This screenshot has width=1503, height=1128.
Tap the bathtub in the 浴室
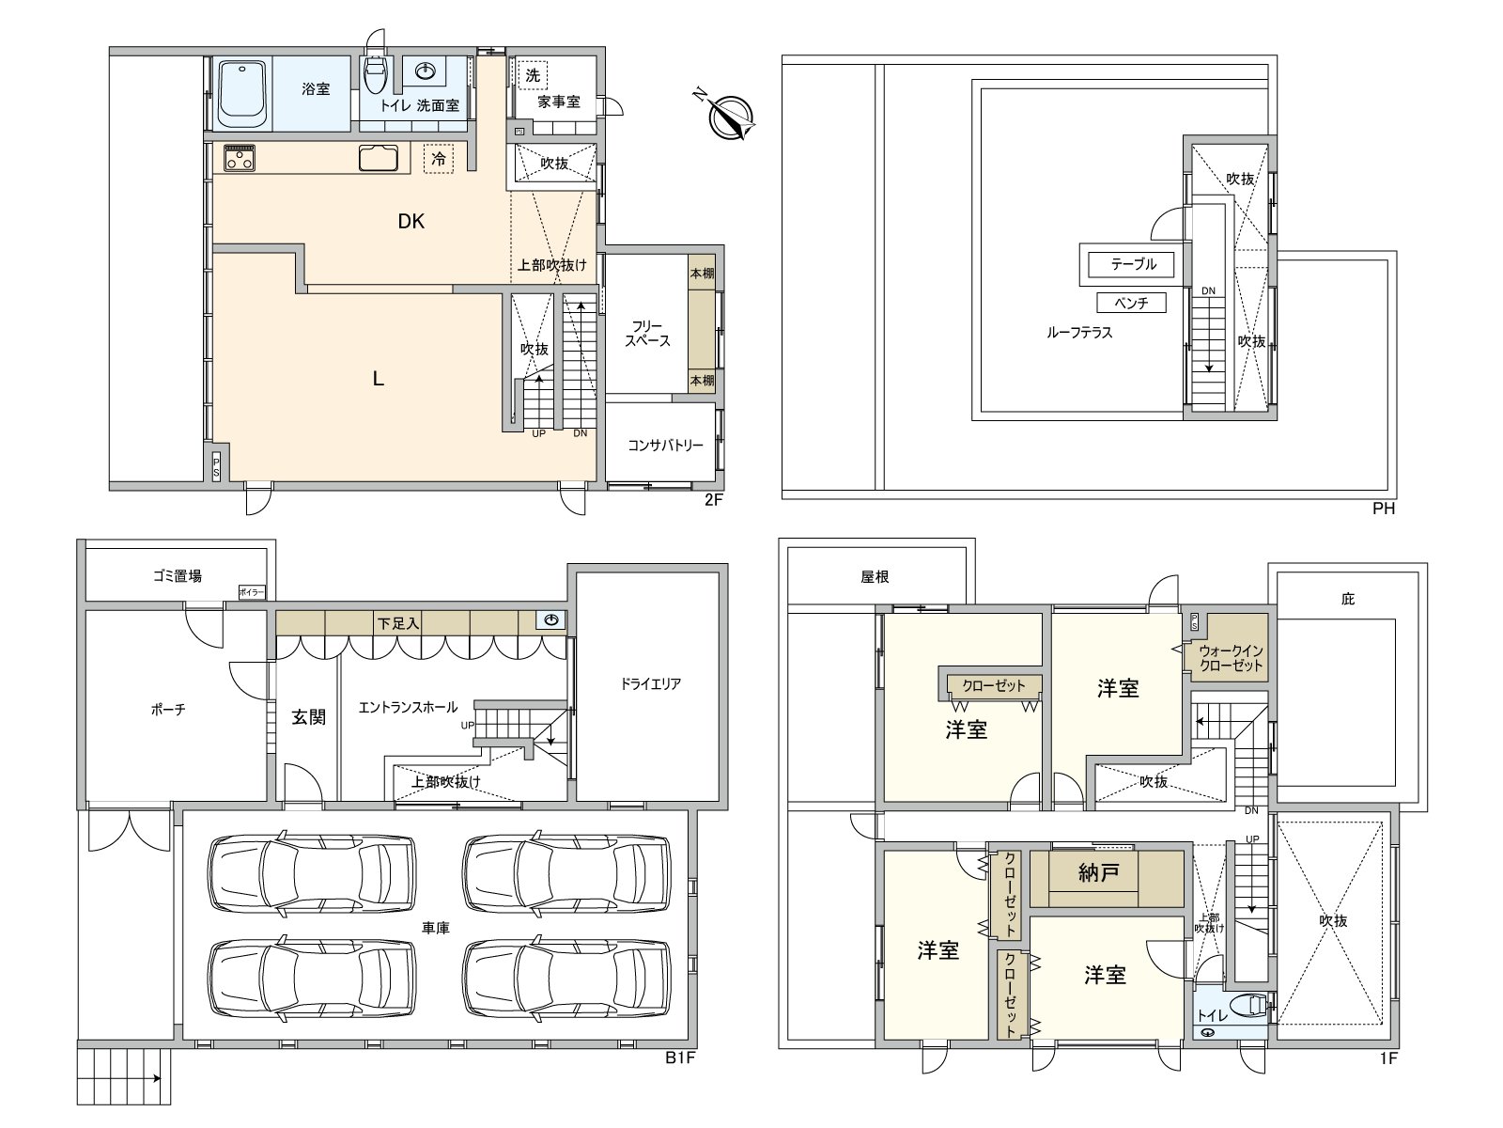(x=242, y=95)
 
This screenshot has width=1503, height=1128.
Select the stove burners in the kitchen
(x=239, y=158)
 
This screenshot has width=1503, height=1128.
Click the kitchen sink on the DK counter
(x=378, y=158)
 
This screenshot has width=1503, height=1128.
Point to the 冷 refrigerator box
(x=439, y=159)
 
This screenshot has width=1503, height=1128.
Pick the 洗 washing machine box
(x=532, y=75)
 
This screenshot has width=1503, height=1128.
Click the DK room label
(x=411, y=221)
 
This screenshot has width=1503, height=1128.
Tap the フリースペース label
(x=647, y=334)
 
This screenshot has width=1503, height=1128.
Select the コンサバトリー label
(x=665, y=446)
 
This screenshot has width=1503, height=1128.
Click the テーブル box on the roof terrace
(x=1133, y=264)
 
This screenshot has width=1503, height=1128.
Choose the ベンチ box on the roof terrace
(x=1131, y=303)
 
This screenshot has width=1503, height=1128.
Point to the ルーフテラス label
(x=1079, y=333)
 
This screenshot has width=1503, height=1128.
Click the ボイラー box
(x=252, y=592)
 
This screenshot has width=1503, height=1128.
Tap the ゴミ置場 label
(x=178, y=576)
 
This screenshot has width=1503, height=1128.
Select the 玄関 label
(x=308, y=717)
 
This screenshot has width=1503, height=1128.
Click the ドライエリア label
(x=650, y=683)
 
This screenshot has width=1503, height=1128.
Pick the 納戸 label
(x=1098, y=872)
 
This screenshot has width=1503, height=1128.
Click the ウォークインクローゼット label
(x=1231, y=657)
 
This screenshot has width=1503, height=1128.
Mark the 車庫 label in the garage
(x=436, y=928)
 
